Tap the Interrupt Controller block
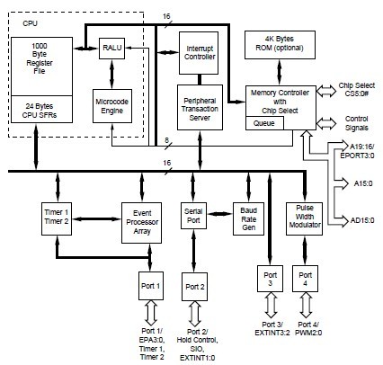coord(200,52)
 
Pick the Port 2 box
coord(195,287)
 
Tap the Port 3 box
coord(263,277)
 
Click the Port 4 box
coord(306,277)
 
